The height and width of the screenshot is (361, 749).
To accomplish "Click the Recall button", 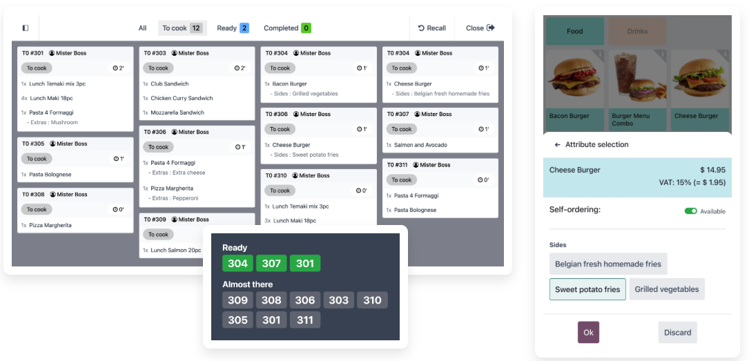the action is click(432, 28).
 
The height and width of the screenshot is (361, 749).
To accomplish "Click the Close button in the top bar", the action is click(480, 28).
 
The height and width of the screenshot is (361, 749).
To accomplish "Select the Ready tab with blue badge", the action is click(233, 28).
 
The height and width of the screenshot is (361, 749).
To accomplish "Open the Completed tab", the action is click(287, 28).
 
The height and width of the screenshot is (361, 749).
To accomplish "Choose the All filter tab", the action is click(142, 28).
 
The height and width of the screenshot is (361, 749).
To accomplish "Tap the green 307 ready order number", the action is click(271, 263).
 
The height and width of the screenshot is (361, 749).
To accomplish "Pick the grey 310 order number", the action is click(372, 300).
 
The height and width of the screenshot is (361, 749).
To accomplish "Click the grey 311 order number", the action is click(304, 320).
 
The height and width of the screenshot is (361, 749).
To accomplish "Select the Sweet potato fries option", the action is click(587, 289).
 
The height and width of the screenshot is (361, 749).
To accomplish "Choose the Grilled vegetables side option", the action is click(667, 289).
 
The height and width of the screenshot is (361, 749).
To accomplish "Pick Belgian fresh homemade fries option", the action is click(608, 264).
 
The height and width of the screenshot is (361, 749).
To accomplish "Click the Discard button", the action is click(677, 332).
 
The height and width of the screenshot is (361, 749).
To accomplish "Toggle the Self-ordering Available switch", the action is click(691, 211).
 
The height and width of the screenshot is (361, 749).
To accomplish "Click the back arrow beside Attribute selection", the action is click(558, 145).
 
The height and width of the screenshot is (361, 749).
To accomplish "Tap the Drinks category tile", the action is click(637, 32).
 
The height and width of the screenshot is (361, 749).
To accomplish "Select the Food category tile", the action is click(574, 32).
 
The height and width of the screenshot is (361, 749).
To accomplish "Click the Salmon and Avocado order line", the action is click(417, 145).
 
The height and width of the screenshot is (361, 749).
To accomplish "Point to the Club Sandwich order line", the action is click(166, 84).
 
